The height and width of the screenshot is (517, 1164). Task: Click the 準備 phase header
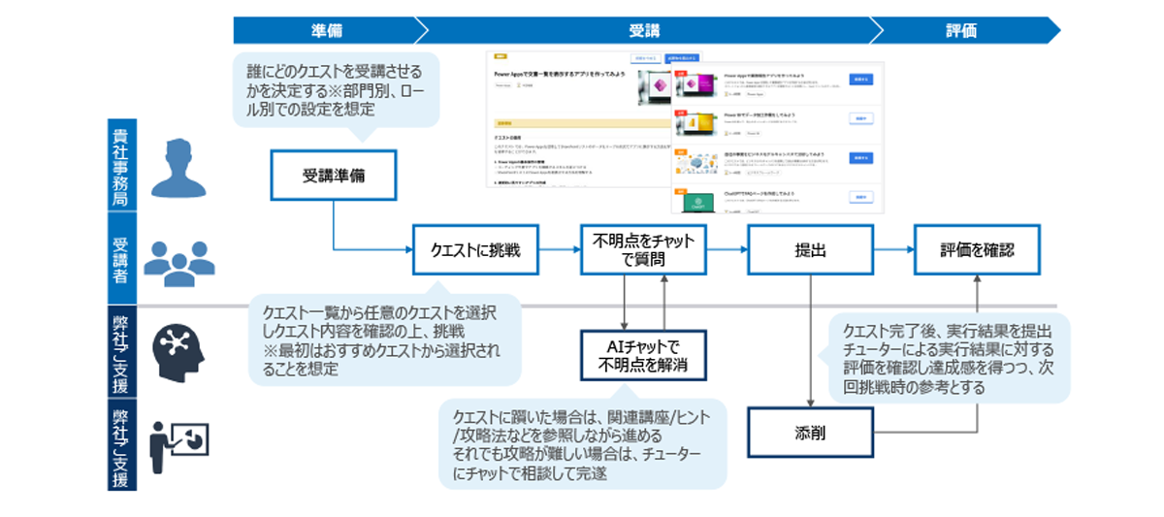[x=326, y=30]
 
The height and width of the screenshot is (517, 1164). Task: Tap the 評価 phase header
[x=960, y=30]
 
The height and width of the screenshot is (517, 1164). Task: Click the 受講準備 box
[x=333, y=176]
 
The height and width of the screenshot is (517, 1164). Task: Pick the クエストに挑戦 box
[x=475, y=250]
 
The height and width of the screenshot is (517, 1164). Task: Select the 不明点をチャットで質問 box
[x=644, y=250]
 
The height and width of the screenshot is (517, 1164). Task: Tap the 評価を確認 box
[x=977, y=250]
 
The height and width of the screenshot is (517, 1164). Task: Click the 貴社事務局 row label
[x=121, y=164]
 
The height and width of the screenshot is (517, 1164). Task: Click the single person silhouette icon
[x=180, y=166]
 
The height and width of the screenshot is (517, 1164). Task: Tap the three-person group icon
[x=180, y=260]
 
